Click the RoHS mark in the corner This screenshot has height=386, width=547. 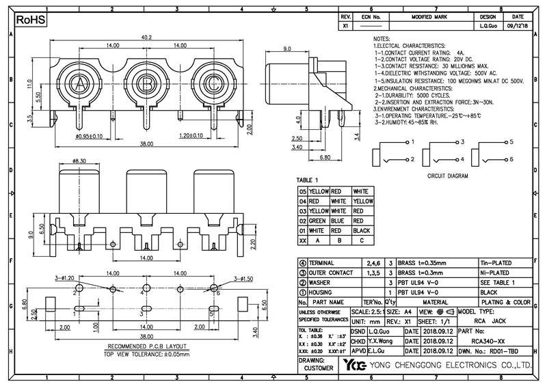coord(29,21)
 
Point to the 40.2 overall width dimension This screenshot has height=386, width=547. coord(146,38)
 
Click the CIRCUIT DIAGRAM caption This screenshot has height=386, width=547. coord(448,175)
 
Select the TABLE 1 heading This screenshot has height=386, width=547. coord(308,180)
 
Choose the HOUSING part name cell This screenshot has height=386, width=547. coord(324,292)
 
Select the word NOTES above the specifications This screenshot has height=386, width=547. coord(382,40)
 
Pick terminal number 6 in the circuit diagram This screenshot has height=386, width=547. coord(509,159)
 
